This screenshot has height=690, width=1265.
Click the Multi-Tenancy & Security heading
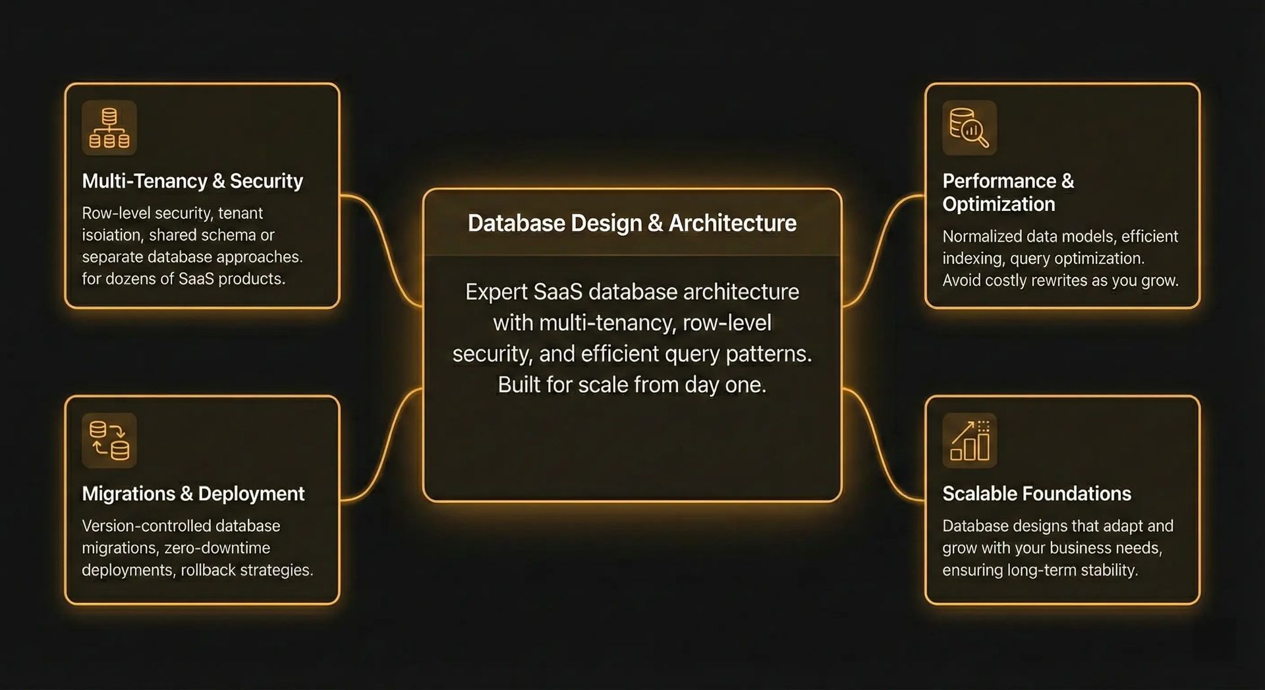click(192, 181)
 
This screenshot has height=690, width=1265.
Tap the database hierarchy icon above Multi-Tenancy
click(109, 128)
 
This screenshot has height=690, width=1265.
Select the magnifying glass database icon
click(969, 128)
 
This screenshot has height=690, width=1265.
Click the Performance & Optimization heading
click(1008, 192)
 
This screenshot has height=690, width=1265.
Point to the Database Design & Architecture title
click(632, 223)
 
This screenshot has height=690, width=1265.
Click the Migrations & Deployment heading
click(193, 494)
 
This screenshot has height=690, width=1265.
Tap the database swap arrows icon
click(109, 440)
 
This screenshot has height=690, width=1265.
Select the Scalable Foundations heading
click(1036, 494)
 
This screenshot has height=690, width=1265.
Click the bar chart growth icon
click(970, 440)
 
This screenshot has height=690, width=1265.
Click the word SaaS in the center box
click(557, 292)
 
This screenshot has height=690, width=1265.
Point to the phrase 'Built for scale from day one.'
click(632, 384)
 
